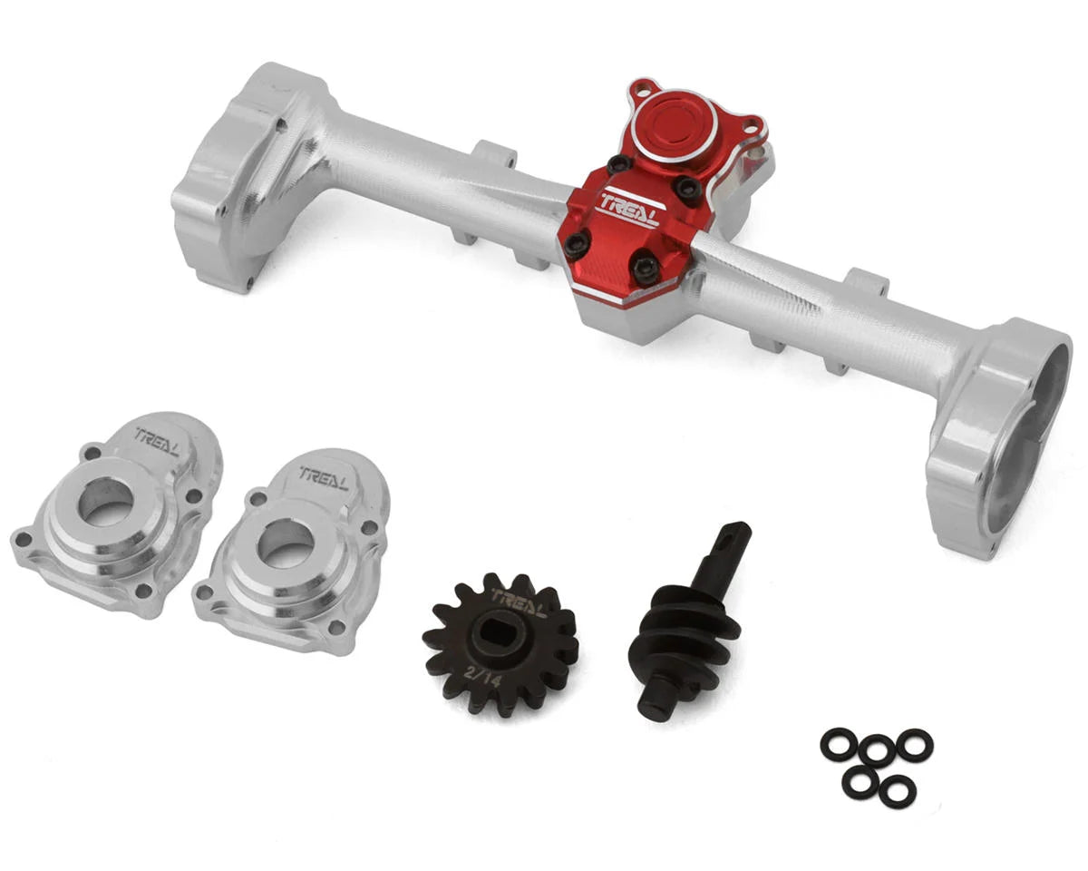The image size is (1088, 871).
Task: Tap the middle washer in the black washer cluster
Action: [x=877, y=751]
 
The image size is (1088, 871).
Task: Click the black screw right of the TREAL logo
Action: [x=689, y=189]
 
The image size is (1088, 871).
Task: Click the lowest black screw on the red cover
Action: [x=645, y=267]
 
